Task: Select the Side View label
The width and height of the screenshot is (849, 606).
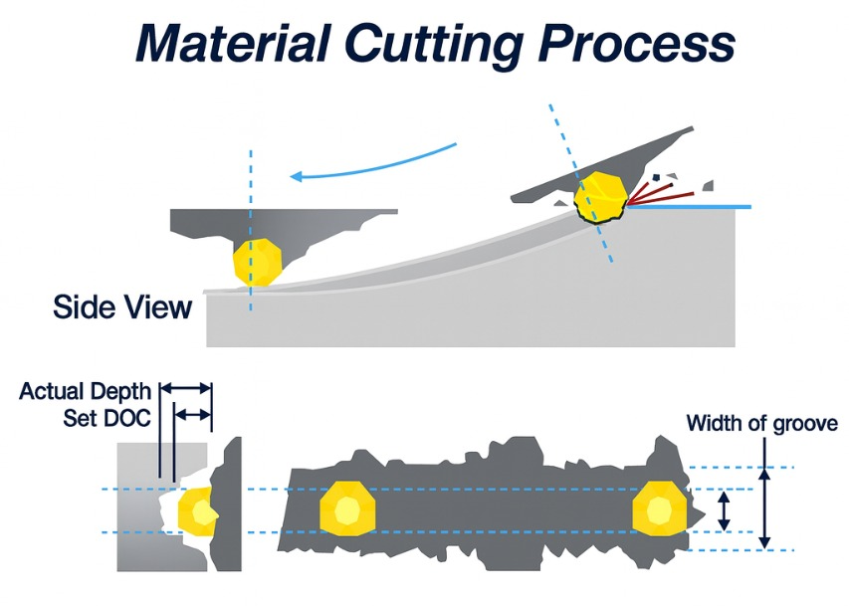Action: coord(122,306)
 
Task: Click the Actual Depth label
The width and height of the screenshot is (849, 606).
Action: coord(85,391)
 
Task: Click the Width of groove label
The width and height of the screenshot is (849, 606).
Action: coord(761,424)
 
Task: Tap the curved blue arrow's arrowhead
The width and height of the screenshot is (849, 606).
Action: coord(296,177)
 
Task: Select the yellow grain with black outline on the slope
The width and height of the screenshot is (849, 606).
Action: coord(600,193)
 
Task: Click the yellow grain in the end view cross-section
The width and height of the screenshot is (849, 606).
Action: coord(197,511)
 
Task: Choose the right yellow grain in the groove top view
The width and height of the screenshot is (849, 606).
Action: coord(659,510)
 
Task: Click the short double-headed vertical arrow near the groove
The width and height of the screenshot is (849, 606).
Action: coord(726,510)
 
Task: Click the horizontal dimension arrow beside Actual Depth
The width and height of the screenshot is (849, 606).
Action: coord(186,388)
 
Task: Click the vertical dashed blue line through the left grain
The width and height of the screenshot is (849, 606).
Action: coord(251,199)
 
